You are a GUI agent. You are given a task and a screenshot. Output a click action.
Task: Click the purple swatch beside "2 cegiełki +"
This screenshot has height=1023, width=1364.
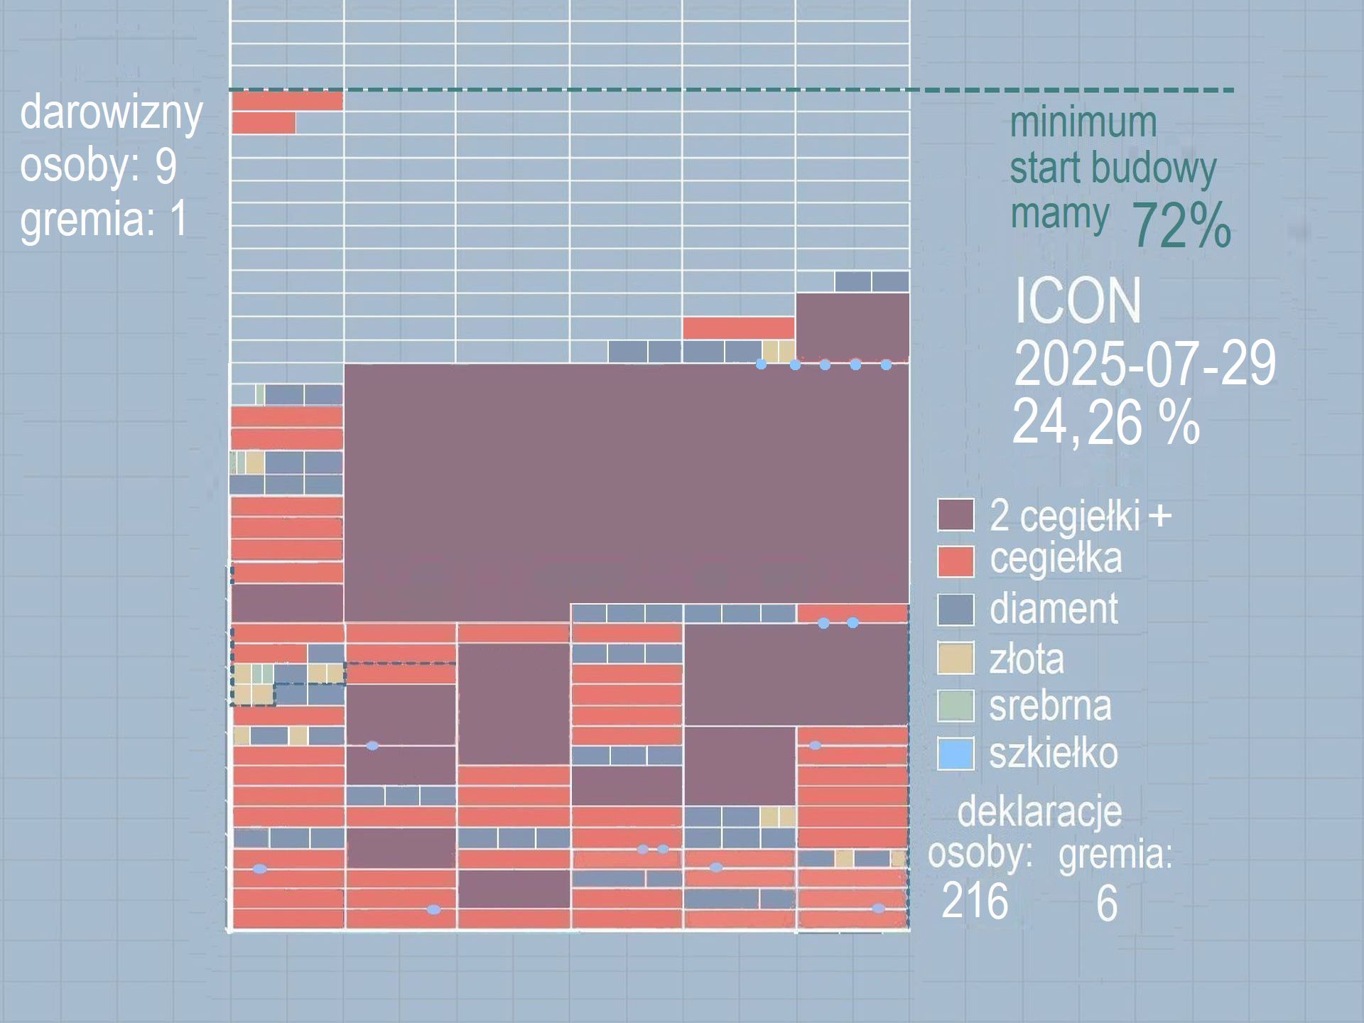956,515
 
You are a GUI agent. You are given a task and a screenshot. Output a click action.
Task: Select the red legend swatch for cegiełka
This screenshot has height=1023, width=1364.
956,561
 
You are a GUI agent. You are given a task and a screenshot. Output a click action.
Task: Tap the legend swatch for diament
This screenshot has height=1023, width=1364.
956,610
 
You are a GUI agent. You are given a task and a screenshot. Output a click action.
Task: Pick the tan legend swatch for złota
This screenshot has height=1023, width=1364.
956,658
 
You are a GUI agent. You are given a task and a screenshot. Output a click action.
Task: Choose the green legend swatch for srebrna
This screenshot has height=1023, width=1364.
956,705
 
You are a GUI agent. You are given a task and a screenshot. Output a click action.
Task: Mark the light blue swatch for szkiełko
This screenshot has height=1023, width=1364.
956,754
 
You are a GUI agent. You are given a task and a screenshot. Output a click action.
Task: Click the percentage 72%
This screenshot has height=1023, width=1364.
1180,226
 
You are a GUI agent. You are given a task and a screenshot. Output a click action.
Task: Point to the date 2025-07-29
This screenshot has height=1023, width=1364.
1144,363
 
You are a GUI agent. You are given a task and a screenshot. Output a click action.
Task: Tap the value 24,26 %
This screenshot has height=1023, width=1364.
1105,423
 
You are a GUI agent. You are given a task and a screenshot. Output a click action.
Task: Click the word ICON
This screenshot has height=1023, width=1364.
1078,301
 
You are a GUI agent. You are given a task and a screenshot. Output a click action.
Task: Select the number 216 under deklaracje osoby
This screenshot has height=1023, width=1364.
975,902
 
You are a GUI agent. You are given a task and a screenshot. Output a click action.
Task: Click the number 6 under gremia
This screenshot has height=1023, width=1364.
1107,904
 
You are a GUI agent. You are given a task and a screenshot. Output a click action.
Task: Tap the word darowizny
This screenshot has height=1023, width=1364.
112,114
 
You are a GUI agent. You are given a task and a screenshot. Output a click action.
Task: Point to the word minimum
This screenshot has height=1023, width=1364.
1083,122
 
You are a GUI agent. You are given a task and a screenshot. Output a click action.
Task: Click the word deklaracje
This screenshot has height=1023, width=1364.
1039,811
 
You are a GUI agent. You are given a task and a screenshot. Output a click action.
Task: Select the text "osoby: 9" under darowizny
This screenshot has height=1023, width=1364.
98,166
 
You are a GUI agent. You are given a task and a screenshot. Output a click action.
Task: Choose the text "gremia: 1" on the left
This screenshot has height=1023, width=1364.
104,218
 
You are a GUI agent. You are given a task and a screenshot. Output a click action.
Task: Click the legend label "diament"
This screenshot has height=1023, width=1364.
1054,609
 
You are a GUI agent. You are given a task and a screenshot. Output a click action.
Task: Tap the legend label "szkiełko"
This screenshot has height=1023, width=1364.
1054,754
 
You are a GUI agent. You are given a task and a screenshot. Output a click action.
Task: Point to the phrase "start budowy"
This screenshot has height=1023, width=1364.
1113,169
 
